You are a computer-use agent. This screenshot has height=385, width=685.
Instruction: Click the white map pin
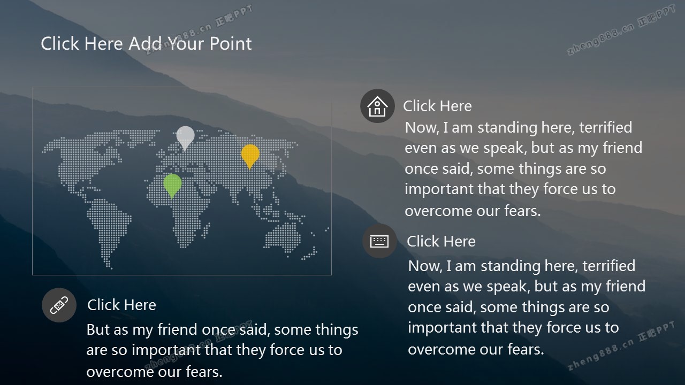[x=185, y=137]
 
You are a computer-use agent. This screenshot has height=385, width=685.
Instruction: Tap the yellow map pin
[x=250, y=155]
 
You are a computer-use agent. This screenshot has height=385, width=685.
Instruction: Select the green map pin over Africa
[x=172, y=184]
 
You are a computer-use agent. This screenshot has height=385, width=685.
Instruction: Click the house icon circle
[x=377, y=106]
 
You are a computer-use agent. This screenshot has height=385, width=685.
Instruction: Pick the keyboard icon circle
[x=379, y=241]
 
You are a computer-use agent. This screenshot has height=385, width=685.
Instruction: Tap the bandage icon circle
[x=59, y=305]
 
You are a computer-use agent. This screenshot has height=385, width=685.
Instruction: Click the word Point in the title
[x=231, y=43]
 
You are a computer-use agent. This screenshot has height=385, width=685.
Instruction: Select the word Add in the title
[x=145, y=43]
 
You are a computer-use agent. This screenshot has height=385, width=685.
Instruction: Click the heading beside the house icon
[x=437, y=106]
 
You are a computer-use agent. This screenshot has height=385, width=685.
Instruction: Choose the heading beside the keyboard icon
[x=441, y=241]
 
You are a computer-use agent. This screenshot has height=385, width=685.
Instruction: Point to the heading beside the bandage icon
[x=121, y=305]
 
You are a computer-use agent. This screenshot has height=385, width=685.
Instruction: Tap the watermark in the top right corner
[x=621, y=30]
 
